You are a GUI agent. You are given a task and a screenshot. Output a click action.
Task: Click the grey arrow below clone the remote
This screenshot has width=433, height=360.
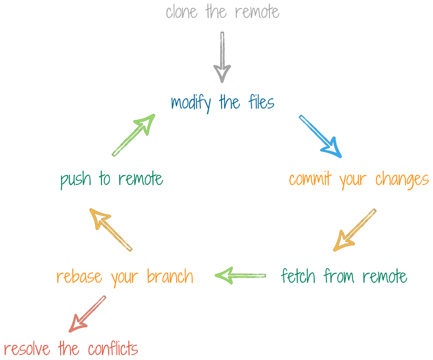tap(222, 57)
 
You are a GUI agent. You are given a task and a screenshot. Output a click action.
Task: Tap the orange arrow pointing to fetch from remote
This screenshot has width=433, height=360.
tap(355, 230)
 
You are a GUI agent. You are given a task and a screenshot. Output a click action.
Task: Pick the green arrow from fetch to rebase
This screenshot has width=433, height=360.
tap(240, 275)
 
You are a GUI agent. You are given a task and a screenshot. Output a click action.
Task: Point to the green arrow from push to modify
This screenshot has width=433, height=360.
tap(133, 134)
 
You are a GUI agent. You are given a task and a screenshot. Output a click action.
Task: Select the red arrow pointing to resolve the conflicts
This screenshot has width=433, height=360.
tap(87, 314)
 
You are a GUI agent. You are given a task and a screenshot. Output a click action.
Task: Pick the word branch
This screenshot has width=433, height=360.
tap(170, 276)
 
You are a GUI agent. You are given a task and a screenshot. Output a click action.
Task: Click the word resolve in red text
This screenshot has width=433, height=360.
tap(27, 350)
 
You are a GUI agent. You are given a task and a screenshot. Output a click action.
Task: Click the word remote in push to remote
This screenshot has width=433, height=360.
tap(141, 179)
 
